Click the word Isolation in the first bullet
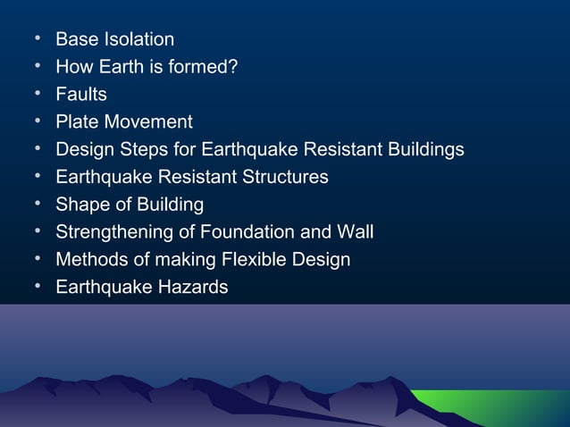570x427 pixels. [x=138, y=39]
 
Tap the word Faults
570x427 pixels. [x=81, y=94]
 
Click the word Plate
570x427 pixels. [x=76, y=121]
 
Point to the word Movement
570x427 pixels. [x=147, y=121]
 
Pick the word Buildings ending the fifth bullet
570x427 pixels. [x=423, y=149]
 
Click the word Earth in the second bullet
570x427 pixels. [x=122, y=66]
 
